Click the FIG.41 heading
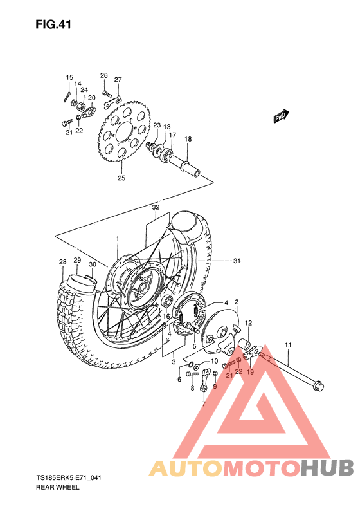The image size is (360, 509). point(53,25)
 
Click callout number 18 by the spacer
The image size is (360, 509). point(188,139)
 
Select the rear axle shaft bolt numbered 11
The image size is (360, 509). point(296,371)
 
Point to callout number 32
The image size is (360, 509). point(156,207)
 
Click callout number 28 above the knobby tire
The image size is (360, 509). point(62,262)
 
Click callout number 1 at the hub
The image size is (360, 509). point(118,238)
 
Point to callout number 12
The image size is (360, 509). point(248,323)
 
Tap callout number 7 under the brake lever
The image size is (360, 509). point(203,405)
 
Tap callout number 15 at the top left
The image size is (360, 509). point(69,77)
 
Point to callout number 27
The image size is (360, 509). point(118,80)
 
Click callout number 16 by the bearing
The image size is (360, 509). point(165,317)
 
